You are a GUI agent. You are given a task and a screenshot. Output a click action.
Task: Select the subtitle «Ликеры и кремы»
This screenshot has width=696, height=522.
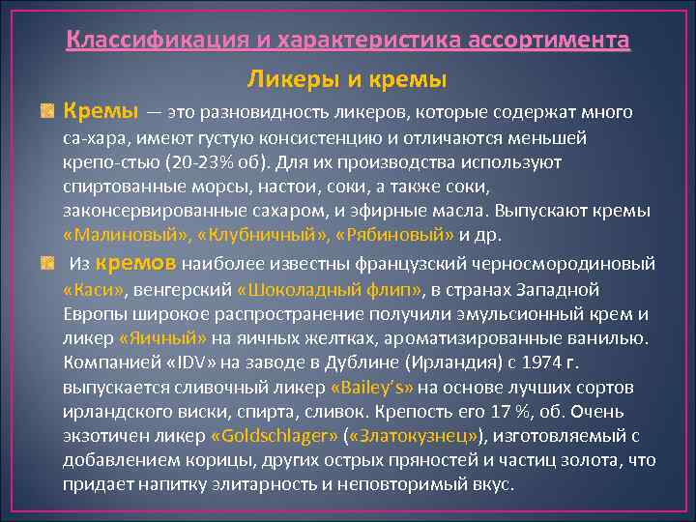[x=347, y=77]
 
